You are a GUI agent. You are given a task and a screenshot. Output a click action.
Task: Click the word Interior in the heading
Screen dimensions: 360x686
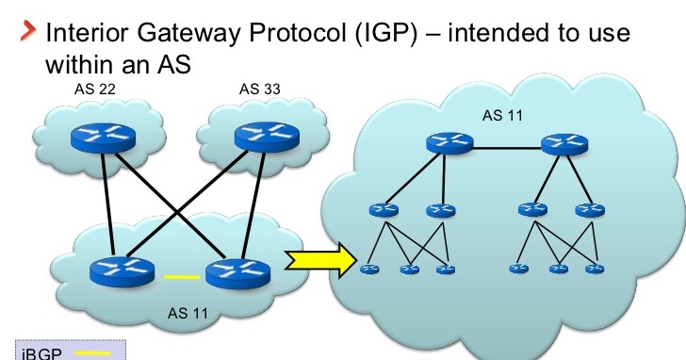click(80, 36)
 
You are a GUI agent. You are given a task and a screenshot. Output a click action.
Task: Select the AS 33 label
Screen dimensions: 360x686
click(259, 90)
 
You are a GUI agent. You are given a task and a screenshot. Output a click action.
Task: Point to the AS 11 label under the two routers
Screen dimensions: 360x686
click(185, 311)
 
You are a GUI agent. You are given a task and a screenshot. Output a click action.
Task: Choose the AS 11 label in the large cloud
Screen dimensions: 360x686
click(502, 116)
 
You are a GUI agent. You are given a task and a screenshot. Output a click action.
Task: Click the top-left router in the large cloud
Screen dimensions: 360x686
click(448, 144)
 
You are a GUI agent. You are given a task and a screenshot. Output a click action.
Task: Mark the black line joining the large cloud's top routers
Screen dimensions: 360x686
click(506, 147)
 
